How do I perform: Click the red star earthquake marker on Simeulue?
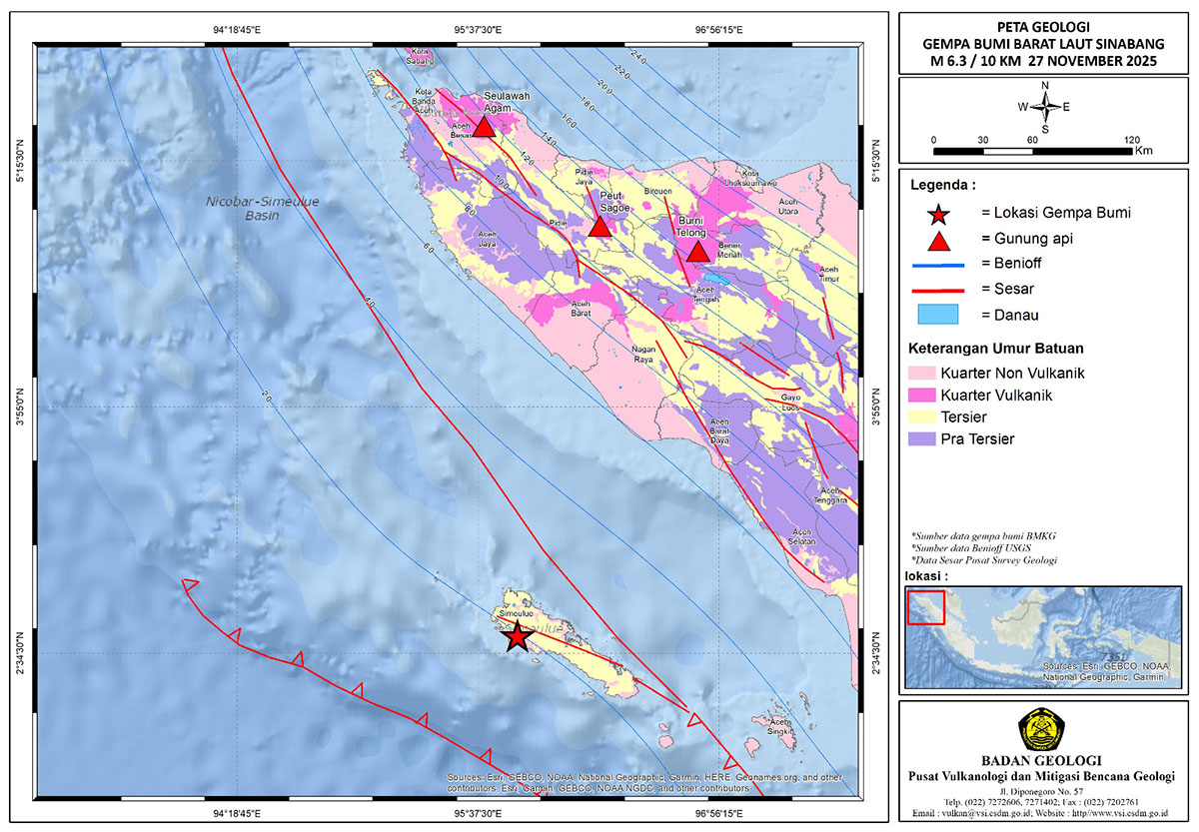[516, 636]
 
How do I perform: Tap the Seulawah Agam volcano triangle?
[484, 127]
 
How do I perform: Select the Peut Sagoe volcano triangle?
[599, 228]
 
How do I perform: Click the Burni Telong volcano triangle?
[697, 252]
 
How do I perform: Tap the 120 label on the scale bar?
[1131, 139]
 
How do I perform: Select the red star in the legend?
[937, 213]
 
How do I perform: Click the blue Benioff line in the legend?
[936, 265]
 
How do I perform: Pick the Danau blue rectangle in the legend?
[936, 316]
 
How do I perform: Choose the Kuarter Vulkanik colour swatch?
[919, 397]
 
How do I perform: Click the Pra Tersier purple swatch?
[919, 438]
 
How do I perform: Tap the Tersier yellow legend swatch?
[919, 417]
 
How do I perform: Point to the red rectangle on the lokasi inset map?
[925, 606]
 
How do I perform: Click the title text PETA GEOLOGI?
[1043, 26]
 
